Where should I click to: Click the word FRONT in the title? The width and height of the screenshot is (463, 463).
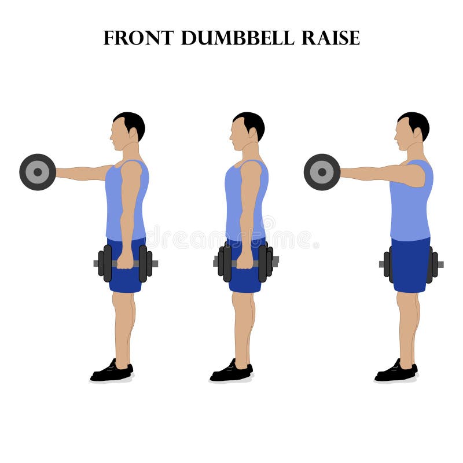(138, 38)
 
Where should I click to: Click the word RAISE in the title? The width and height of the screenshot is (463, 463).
(330, 38)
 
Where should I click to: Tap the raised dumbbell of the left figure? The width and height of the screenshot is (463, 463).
(38, 172)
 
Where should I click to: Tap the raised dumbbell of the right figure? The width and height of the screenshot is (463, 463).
(322, 172)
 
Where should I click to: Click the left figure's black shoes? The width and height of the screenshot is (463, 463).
(111, 372)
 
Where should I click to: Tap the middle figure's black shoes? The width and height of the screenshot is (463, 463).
(231, 372)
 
